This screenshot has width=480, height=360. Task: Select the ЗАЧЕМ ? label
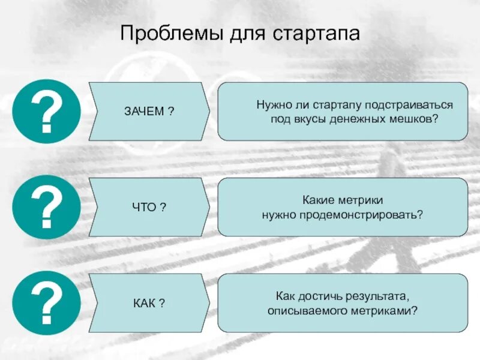pos(149,112)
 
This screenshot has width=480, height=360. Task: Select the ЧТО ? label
pos(149,207)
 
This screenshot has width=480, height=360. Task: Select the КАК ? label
pos(149,303)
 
